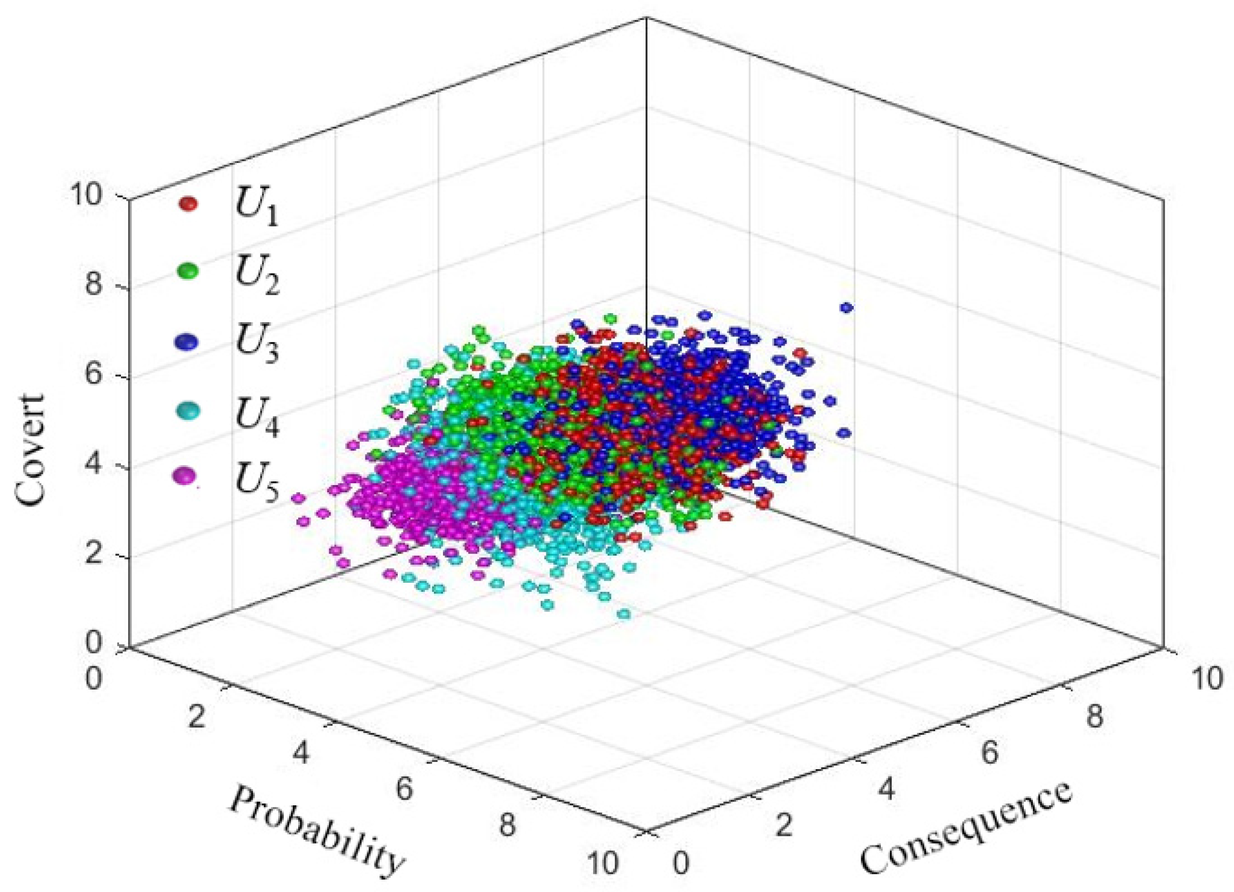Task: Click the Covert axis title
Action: point(30,449)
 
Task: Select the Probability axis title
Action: point(317,831)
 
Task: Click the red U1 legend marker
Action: point(188,204)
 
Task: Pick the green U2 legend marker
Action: point(188,270)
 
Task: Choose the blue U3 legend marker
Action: point(188,342)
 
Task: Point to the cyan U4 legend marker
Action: point(188,410)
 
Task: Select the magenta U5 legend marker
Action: point(186,476)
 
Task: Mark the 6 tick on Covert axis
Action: point(93,373)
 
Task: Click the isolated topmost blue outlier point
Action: point(846,308)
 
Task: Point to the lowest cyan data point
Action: point(623,613)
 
